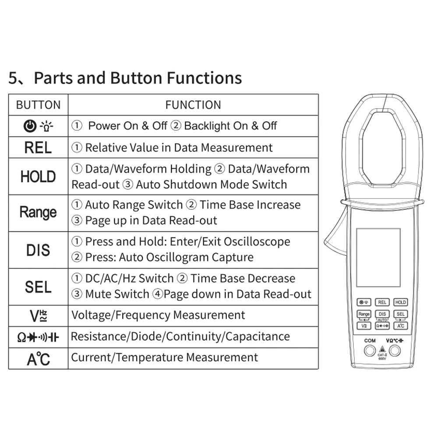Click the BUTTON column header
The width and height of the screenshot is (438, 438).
coord(38,105)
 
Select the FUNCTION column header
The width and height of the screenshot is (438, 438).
coord(193,105)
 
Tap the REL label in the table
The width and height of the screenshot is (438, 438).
coord(38,148)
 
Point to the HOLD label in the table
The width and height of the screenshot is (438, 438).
coord(38,177)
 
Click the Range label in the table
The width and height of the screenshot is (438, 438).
coord(38,212)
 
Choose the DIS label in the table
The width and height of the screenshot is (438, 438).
coord(38,250)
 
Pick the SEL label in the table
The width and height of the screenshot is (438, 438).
coord(38,287)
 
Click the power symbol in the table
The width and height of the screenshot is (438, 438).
coord(29,126)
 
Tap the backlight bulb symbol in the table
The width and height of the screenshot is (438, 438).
coord(46,126)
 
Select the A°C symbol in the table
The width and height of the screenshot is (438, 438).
coord(39,359)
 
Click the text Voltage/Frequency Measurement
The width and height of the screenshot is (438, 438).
coord(158,315)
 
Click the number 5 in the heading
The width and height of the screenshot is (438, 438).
coord(14,78)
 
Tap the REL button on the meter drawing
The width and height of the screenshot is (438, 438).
coord(382,302)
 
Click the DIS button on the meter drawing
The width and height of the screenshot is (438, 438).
coord(382,314)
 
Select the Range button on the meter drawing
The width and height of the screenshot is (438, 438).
coord(364,314)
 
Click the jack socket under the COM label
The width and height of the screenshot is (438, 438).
coord(370,350)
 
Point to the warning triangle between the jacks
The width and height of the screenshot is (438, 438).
coord(382,350)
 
